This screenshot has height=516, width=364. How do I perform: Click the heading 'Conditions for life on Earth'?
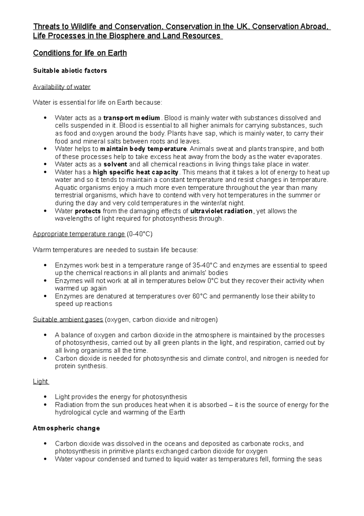tap(80, 53)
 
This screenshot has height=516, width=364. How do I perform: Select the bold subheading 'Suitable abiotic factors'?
tap(70, 71)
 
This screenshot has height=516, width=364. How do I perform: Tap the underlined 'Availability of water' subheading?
tap(62, 87)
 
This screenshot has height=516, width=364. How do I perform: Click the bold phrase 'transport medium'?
tap(132, 118)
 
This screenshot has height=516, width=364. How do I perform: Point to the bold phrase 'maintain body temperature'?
tap(143, 149)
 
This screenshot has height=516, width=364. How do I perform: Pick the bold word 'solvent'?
tap(115, 164)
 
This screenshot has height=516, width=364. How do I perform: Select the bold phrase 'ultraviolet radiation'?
tap(221, 211)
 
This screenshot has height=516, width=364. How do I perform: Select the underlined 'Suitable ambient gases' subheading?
tap(68, 320)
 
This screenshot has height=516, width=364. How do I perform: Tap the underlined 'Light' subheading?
tap(40, 381)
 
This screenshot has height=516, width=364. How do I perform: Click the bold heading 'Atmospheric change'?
tap(66, 428)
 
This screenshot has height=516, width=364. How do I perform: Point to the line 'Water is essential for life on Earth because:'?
tap(97, 102)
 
